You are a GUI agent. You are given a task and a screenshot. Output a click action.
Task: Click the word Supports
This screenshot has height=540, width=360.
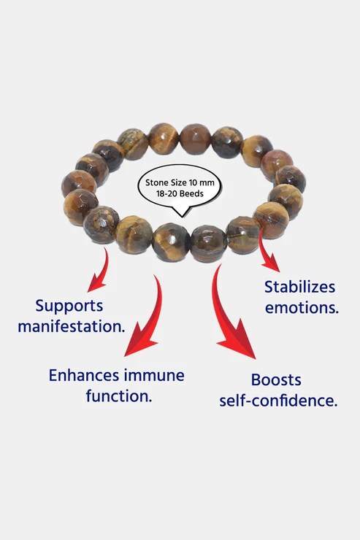point(69,306)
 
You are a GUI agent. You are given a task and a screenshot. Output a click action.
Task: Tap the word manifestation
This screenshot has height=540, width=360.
point(72,326)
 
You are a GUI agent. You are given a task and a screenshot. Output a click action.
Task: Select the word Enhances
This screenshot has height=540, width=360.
point(83,375)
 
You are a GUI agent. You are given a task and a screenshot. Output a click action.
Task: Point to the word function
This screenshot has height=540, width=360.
point(119,396)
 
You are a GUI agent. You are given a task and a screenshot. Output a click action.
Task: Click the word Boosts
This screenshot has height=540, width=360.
point(276,380)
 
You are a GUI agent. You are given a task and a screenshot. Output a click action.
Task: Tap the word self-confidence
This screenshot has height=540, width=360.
point(278,401)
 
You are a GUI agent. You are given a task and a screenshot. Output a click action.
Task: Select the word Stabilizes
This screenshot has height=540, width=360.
point(299,287)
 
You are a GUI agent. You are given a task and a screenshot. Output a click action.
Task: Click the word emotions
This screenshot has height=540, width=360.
point(302,307)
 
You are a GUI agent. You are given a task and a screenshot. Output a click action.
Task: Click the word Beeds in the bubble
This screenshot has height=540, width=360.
point(192,193)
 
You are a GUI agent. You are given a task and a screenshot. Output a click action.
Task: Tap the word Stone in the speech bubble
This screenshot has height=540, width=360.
point(157,182)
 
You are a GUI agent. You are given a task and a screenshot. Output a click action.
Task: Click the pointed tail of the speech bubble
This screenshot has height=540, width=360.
point(183,217)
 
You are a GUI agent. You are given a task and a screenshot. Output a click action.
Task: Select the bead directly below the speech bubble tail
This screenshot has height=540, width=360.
point(171,241)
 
